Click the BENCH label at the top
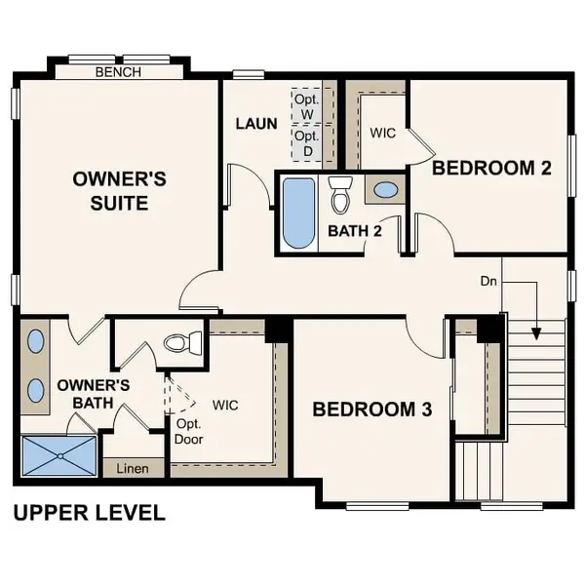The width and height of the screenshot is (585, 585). click(118, 72)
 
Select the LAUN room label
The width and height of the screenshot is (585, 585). click(256, 124)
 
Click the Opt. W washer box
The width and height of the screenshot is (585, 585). click(307, 106)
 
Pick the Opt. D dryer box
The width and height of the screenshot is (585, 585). click(307, 143)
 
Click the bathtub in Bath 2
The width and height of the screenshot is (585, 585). click(297, 212)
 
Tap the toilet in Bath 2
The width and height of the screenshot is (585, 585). click(340, 195)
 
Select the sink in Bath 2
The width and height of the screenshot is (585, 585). click(386, 190)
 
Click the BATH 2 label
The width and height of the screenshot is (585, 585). click(354, 231)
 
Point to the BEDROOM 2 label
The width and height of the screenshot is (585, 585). click(491, 168)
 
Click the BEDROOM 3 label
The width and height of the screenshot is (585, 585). click(371, 409)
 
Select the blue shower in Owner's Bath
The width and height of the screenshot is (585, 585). click(58, 455)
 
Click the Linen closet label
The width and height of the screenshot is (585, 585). click(134, 469)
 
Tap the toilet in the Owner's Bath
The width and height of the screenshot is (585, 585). click(182, 342)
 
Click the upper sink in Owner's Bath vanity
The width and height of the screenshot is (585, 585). click(36, 342)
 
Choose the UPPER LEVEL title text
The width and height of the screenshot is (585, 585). click(89, 512)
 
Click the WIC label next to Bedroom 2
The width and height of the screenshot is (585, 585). click(382, 133)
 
